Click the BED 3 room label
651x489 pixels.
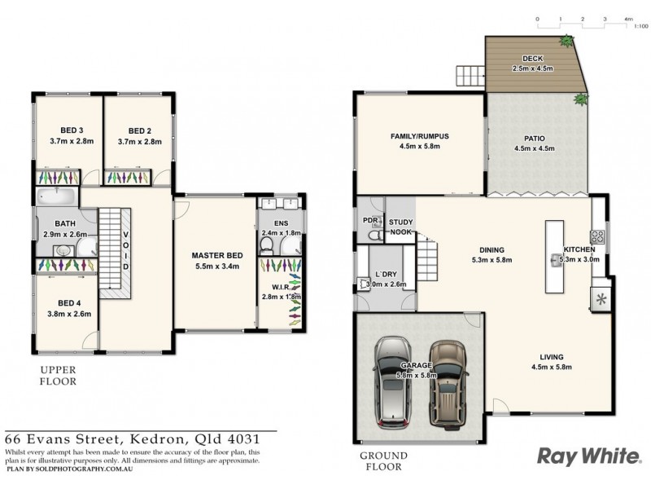(72, 130)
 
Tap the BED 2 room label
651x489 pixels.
(140, 130)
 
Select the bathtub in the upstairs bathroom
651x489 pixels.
(55, 196)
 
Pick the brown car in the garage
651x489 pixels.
(445, 379)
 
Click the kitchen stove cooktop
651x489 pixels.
(596, 237)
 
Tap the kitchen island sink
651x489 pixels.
(558, 261)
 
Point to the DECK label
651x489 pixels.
(532, 59)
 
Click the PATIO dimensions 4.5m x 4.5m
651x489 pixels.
(534, 149)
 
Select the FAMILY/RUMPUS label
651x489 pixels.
(420, 135)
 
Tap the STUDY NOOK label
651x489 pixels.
(401, 226)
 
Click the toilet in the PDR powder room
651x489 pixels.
(373, 235)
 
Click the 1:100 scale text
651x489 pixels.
(640, 27)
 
